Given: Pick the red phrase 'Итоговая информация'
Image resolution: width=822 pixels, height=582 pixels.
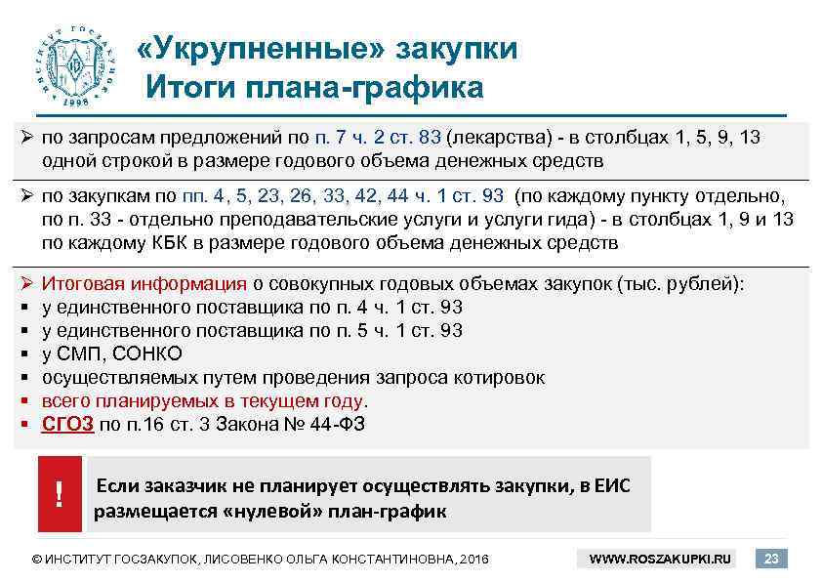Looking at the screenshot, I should (144, 284).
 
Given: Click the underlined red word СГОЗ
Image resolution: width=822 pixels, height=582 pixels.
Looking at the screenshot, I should (67, 424).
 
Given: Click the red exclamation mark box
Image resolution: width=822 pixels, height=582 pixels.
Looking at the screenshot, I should (60, 496).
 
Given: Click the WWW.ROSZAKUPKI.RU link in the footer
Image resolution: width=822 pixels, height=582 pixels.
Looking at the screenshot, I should (661, 560).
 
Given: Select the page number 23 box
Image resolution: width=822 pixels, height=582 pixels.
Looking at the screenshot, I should (772, 559).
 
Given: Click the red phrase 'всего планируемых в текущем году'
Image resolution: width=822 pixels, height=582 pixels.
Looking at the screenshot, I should (202, 400).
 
